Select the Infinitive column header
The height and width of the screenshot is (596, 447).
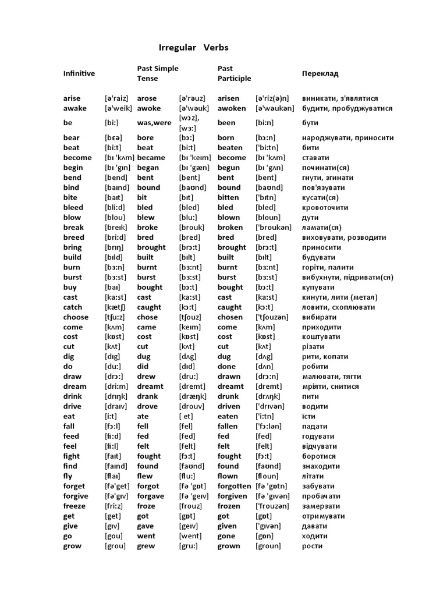click(79, 73)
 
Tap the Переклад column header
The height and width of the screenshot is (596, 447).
click(320, 73)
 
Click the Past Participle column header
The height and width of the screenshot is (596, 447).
click(234, 73)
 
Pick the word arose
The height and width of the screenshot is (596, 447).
click(147, 98)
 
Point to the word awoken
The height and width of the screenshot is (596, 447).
click(232, 108)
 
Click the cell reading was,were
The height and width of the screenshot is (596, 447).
click(153, 123)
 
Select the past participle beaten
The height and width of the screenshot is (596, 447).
click(231, 148)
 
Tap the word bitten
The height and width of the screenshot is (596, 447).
click(229, 197)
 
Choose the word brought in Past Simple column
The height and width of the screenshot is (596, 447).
click(151, 247)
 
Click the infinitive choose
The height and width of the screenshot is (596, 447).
click(76, 317)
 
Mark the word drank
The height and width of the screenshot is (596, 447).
click(147, 396)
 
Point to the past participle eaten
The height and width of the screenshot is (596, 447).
click(228, 416)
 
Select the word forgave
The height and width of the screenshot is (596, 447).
click(151, 496)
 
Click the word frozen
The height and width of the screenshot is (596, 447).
click(229, 506)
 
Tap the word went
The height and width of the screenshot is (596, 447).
click(146, 536)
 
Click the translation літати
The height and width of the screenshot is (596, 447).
click(314, 476)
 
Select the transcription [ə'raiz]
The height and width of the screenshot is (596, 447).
click(116, 98)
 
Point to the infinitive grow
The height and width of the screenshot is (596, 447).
click(72, 546)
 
